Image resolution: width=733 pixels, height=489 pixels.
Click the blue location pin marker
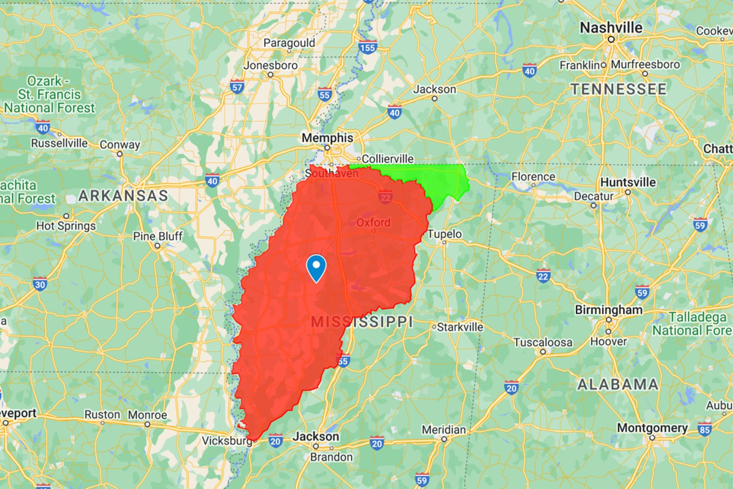tap(316, 267)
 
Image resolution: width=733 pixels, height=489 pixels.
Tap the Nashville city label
tap(611, 28)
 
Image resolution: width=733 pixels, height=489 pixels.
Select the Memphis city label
tap(327, 138)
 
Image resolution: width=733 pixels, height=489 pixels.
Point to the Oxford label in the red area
tap(373, 222)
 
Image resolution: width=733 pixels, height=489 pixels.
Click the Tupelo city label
tap(444, 234)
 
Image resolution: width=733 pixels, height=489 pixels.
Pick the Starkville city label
tap(459, 327)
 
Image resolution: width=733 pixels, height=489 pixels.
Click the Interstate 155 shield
tap(367, 48)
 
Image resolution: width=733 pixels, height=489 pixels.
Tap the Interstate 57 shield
tap(237, 87)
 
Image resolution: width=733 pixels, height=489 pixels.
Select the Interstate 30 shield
tap(40, 284)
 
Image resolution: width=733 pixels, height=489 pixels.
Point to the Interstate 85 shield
tap(705, 430)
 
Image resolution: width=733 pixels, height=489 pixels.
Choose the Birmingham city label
tap(608, 310)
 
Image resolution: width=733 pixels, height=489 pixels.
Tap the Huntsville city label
tap(628, 183)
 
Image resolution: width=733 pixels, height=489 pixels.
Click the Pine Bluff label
tap(158, 236)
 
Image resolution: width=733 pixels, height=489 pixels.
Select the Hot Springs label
tap(66, 226)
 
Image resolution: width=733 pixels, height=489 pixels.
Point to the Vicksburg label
tap(227, 441)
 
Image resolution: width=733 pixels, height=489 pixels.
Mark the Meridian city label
tap(443, 430)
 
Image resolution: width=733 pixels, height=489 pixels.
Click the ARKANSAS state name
tap(123, 196)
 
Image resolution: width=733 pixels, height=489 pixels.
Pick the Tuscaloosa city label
tap(543, 343)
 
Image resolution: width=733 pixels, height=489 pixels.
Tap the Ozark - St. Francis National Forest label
tap(49, 94)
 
